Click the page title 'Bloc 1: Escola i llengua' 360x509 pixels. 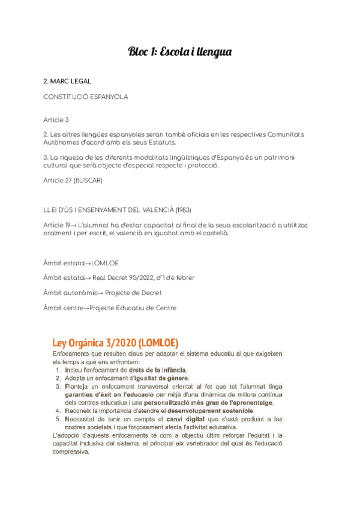(x=180, y=52)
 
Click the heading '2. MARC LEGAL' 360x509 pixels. (x=68, y=80)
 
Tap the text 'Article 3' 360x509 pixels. (x=56, y=120)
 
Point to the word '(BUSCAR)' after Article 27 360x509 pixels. (x=89, y=181)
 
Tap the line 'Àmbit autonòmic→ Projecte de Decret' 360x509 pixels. (x=103, y=293)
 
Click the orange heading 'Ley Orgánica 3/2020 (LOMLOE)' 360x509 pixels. (x=116, y=343)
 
